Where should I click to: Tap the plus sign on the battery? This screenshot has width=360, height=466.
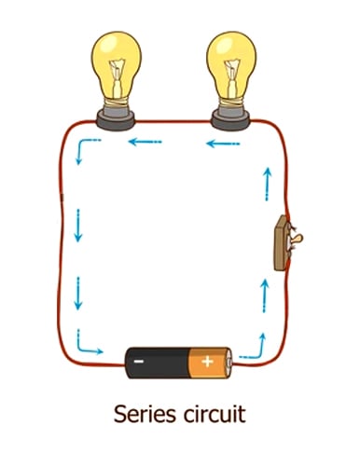[206, 361]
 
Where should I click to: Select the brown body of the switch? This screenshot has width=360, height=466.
[281, 242]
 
